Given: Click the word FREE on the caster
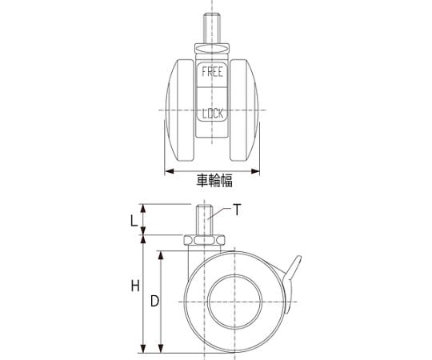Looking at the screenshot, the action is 212,72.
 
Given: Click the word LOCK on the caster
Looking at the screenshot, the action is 213,114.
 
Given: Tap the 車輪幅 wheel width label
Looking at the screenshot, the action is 214,181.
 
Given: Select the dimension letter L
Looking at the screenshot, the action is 134,221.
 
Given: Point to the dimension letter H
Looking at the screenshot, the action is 135,286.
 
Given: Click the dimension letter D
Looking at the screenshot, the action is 155,301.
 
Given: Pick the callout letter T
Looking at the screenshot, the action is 237,210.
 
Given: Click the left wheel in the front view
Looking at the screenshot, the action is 181,110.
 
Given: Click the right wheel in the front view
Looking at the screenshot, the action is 244,110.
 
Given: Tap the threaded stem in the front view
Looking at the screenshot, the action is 211,29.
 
